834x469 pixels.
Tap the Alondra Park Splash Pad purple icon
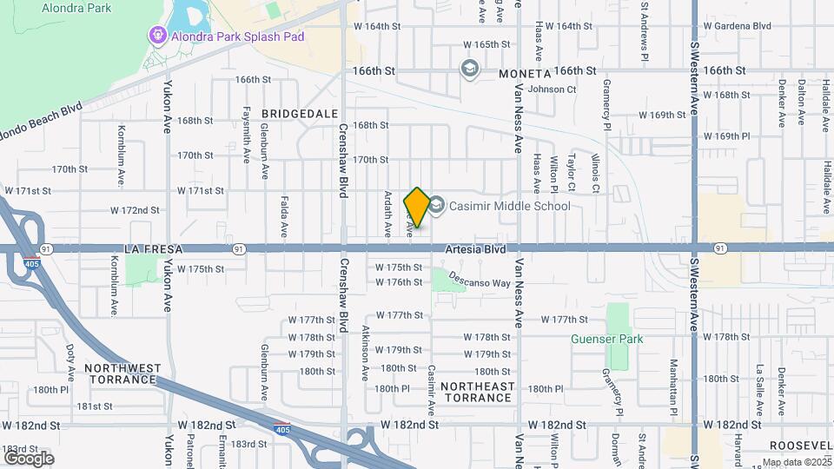157,36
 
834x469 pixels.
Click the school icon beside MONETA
470,69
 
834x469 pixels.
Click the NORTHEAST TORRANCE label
477,392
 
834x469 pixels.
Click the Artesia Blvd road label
475,249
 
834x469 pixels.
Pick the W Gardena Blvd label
738,26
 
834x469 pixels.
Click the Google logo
29,458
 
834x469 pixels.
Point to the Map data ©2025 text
797,462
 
